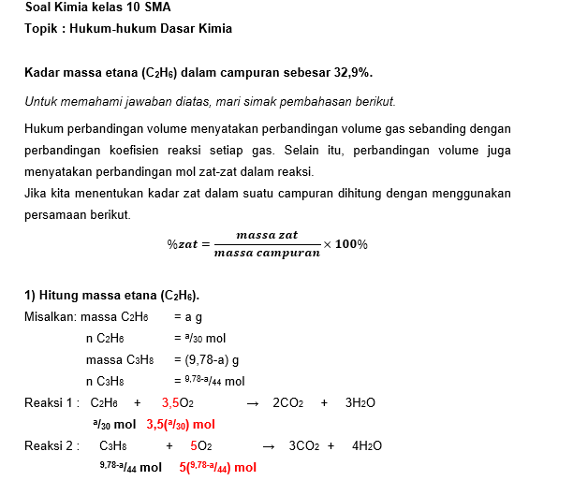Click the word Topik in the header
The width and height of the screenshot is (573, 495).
40,29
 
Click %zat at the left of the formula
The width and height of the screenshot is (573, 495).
184,243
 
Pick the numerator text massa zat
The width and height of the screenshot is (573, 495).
267,234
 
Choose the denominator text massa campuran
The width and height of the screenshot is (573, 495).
267,253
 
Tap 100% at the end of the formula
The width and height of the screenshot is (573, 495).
352,243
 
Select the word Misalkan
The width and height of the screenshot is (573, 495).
51,317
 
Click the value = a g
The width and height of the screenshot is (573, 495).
188,317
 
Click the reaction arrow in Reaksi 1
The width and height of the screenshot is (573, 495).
251,403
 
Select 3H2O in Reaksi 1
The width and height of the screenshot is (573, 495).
360,402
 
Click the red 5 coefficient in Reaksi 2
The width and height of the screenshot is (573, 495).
193,445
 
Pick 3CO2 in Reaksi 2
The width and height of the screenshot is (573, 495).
305,445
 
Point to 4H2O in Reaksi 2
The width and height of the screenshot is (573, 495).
367,445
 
